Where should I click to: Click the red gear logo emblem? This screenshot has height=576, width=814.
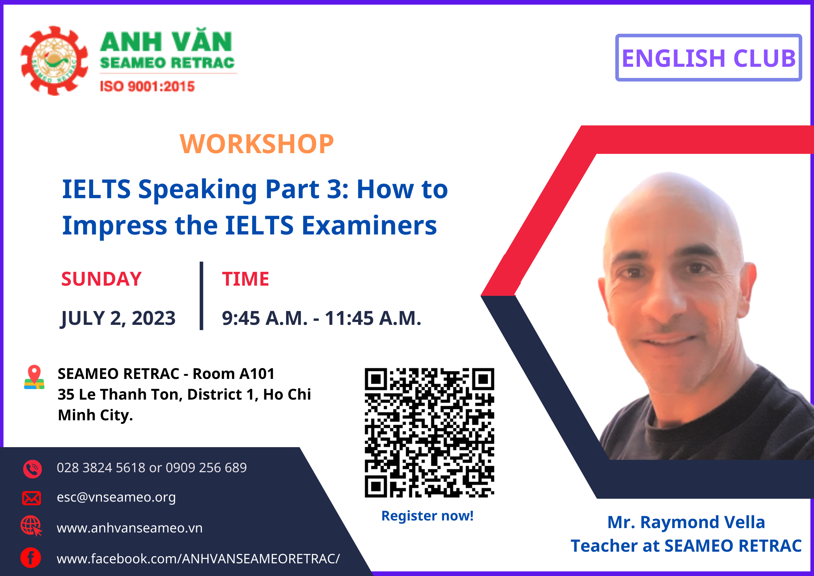click(54, 61)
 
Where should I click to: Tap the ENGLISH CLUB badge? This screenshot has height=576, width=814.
click(708, 58)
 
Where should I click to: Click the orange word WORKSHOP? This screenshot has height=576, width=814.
click(257, 144)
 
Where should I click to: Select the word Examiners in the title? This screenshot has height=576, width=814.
click(369, 225)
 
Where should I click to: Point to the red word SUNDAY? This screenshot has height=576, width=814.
click(102, 279)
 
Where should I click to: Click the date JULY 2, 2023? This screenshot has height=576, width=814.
click(118, 318)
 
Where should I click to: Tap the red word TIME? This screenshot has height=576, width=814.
click(245, 279)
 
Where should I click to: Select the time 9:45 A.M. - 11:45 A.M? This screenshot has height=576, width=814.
click(322, 318)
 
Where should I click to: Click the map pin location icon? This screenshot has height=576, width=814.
click(34, 377)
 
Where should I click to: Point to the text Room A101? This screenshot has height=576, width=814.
click(234, 373)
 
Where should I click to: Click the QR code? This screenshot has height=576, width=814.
click(429, 433)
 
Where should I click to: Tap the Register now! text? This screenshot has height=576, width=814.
click(427, 516)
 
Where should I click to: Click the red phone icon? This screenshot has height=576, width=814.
click(33, 469)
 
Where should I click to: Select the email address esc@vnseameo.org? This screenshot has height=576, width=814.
click(116, 497)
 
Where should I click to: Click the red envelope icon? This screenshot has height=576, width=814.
click(32, 498)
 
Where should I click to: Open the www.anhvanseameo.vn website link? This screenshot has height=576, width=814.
click(130, 528)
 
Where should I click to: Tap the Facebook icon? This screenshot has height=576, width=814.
click(31, 557)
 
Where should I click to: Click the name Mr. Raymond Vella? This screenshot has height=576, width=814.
click(686, 522)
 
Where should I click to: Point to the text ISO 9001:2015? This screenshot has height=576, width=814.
click(147, 86)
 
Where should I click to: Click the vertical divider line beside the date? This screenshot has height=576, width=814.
click(202, 296)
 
